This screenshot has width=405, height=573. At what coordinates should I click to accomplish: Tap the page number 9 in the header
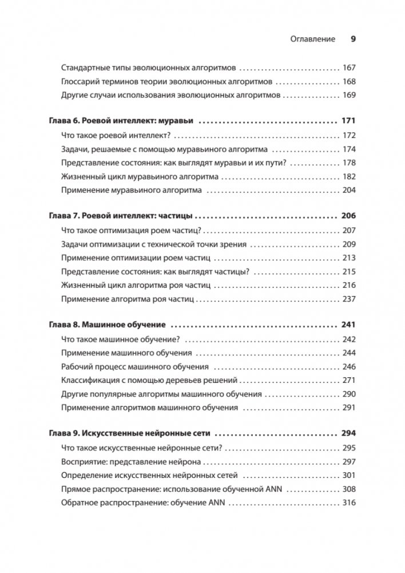click(x=353, y=39)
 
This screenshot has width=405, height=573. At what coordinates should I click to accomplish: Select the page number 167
click(x=348, y=66)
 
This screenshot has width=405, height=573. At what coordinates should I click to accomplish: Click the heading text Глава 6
click(x=62, y=121)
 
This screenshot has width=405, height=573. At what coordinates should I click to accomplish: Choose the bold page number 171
click(x=348, y=121)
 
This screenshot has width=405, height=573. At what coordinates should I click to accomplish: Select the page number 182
click(x=348, y=177)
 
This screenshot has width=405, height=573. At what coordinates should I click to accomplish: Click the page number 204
click(x=348, y=191)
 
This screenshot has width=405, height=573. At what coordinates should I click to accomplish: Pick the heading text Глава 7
click(x=62, y=216)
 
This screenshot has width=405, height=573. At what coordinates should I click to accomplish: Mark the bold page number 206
click(x=348, y=216)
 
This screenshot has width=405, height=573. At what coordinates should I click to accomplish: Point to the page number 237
click(x=348, y=299)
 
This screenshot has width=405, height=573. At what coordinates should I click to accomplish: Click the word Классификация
click(x=88, y=380)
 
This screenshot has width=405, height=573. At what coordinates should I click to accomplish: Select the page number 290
click(x=348, y=394)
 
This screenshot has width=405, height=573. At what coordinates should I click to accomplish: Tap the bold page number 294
click(x=348, y=433)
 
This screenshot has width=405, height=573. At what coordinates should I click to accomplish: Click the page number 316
click(x=348, y=503)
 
